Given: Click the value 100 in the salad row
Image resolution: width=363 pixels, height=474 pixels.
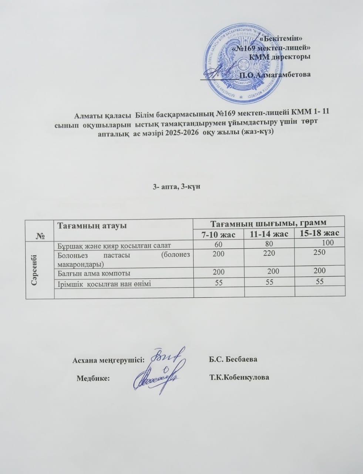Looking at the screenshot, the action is [x=327, y=243].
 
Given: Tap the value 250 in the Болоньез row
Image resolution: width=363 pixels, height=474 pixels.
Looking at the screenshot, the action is [x=319, y=253].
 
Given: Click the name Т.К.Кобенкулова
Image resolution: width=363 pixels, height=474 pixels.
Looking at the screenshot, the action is [x=239, y=378].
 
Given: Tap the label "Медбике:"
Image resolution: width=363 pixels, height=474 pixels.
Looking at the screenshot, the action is [x=93, y=378].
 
